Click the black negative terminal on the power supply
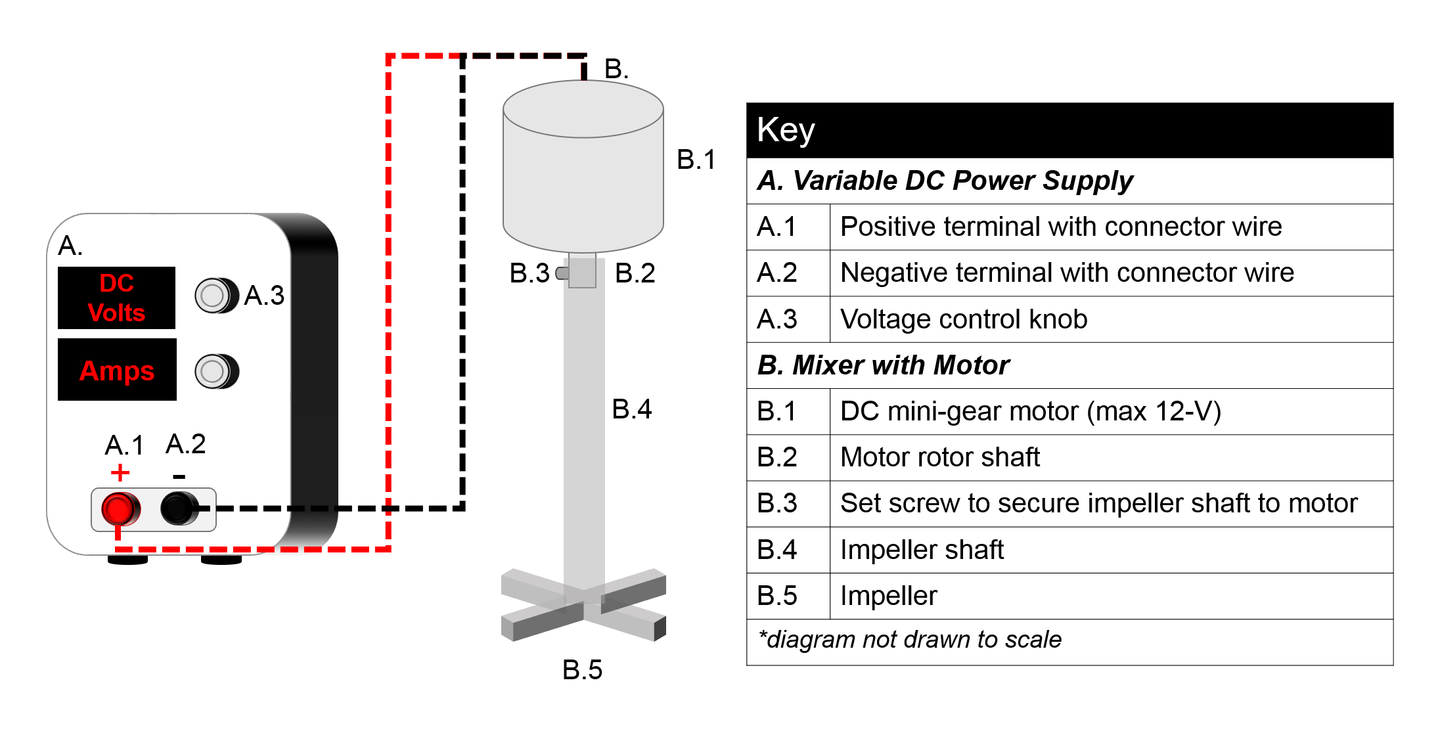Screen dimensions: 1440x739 (x=179, y=508)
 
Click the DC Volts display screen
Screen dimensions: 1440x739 (x=117, y=298)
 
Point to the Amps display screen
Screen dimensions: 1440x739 (x=117, y=370)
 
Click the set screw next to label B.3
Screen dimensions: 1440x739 (x=562, y=273)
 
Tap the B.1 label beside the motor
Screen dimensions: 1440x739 (x=696, y=160)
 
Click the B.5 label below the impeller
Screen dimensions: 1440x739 (x=582, y=670)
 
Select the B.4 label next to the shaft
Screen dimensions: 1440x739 (x=631, y=409)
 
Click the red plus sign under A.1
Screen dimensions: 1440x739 (x=120, y=472)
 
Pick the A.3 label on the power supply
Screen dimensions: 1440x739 (x=264, y=296)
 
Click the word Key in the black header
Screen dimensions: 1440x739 (x=786, y=130)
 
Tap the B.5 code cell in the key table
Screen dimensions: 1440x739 (x=788, y=596)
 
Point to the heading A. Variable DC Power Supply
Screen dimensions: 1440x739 (x=945, y=181)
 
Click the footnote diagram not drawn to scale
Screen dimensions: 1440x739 (x=910, y=639)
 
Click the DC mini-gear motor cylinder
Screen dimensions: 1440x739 (x=583, y=166)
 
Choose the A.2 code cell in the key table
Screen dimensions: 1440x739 (x=788, y=273)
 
